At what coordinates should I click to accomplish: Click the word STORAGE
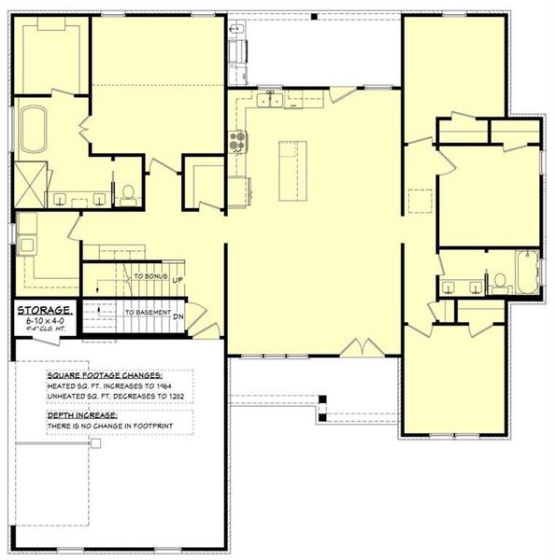click(42, 309)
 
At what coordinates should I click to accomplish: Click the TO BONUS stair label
click(149, 278)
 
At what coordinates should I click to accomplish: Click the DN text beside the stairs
click(178, 315)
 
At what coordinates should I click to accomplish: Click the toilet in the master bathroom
click(127, 193)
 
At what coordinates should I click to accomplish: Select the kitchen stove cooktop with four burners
click(238, 142)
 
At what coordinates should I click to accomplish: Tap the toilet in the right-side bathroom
click(499, 278)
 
